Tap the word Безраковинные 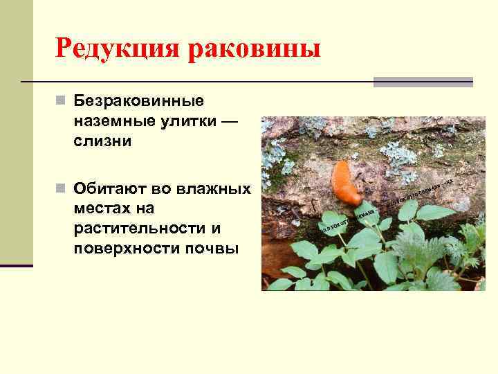139,102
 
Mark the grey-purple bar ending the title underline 423,82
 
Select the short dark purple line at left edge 16,265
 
